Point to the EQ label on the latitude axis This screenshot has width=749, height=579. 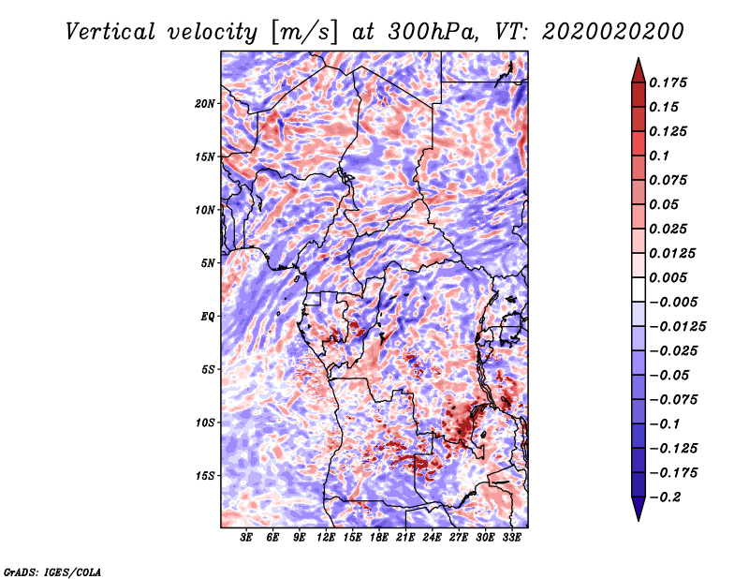tap(208, 317)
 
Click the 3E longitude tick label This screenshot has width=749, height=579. tap(247, 537)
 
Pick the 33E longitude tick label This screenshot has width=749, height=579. tap(512, 537)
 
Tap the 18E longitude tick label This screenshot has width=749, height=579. tap(379, 537)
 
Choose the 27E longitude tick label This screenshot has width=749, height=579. tap(459, 537)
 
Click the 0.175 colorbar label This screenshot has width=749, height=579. tap(669, 82)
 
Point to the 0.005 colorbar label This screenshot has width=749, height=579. tap(669, 277)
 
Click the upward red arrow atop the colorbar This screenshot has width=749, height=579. tap(637, 68)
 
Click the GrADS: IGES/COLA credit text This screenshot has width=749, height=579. tap(52, 571)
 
